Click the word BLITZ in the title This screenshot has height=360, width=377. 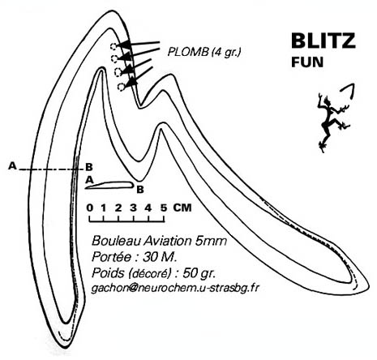pos(323,41)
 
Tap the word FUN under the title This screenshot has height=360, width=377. pos(307,62)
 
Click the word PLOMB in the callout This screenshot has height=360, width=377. pos(188,52)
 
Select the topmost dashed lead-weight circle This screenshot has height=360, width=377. pos(114,46)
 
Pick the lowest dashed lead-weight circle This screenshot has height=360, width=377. pos(122,87)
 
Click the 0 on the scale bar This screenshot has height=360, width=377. pos(90,208)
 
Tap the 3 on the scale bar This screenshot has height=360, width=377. pos(134,208)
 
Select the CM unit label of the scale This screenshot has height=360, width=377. pos(182,208)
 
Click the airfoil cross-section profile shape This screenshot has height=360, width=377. pos(110,185)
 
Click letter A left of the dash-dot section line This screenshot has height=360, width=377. pos(12,165)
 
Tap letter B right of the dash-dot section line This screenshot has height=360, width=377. pos(89,167)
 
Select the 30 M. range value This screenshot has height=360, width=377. pos(160,257)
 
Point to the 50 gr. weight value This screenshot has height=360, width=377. pos(199,273)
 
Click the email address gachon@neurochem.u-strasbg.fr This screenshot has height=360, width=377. pos(175,288)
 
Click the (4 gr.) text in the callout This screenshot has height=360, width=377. pos(225,52)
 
